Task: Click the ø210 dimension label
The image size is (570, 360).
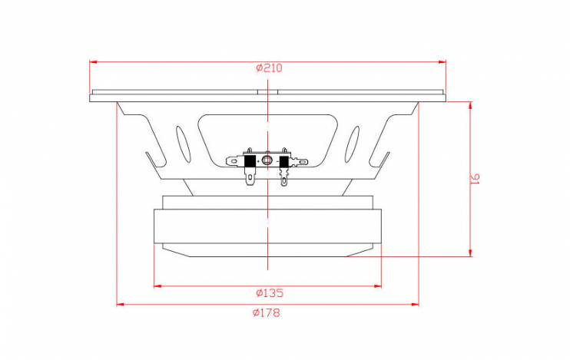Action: [269, 68]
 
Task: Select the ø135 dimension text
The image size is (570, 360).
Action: [270, 292]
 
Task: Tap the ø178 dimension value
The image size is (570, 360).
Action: [267, 312]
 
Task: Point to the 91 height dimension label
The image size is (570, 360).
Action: [476, 178]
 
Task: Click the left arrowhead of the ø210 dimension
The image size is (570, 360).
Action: [93, 62]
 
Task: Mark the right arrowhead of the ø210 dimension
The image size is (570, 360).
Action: [442, 62]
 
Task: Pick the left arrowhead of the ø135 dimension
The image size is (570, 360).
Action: [157, 286]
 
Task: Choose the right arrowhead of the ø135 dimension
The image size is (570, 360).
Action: [378, 286]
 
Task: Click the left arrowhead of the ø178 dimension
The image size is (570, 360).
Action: [121, 305]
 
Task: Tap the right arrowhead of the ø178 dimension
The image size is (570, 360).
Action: [415, 305]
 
